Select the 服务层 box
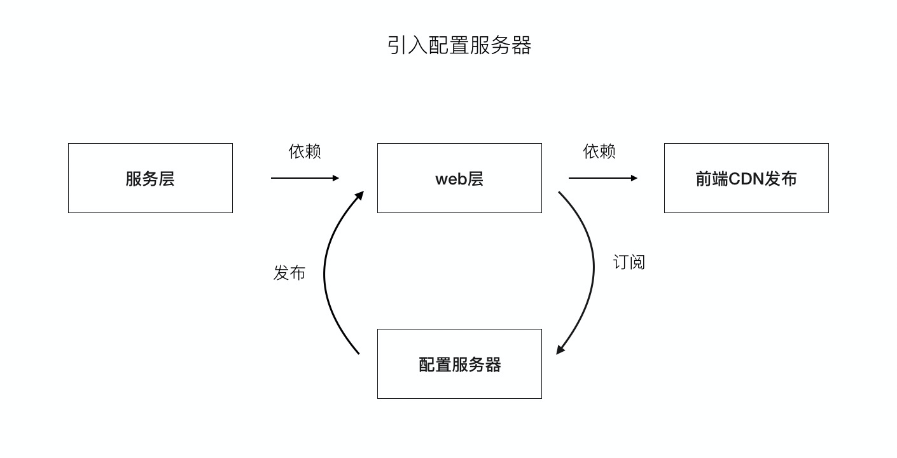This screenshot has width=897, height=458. (150, 178)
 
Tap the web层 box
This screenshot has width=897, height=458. (459, 178)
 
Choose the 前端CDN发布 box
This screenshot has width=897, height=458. (746, 178)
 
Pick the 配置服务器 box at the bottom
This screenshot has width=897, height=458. (459, 364)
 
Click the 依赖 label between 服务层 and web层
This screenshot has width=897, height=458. (305, 151)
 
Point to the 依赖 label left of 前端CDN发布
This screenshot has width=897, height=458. (599, 151)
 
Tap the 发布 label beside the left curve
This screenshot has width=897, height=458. (289, 273)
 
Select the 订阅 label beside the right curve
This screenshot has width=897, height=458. (629, 262)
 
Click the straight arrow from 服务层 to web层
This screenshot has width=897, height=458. (302, 178)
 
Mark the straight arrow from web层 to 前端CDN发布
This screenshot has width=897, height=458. (600, 178)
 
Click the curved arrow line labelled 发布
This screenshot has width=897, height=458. (325, 274)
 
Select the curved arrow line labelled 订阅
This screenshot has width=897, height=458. (594, 267)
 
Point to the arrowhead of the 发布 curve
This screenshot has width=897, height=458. (359, 195)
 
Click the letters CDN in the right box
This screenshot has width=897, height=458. (746, 179)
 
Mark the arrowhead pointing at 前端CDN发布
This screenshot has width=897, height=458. (634, 178)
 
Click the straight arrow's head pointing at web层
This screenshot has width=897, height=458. (336, 178)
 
